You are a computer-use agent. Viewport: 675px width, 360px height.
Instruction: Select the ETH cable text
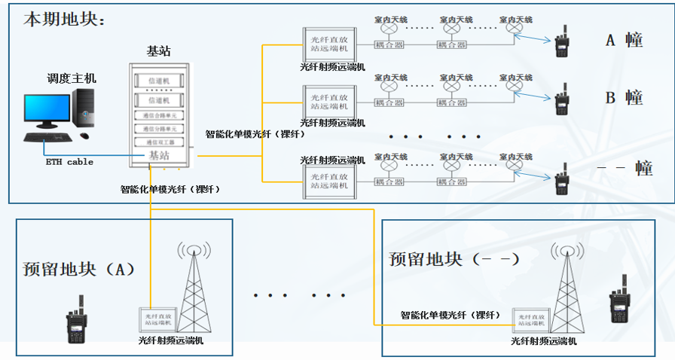click(x=69, y=161)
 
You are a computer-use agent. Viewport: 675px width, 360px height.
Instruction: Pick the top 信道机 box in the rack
click(x=159, y=80)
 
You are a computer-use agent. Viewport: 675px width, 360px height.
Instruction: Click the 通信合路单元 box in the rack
click(x=159, y=115)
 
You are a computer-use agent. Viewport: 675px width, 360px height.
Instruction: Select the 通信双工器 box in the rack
click(x=159, y=141)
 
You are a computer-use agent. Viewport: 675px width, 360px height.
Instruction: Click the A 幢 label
click(x=624, y=40)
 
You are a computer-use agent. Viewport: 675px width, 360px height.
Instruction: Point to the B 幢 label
click(x=624, y=97)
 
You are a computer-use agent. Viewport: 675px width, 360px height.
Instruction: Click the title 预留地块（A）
click(x=78, y=268)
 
